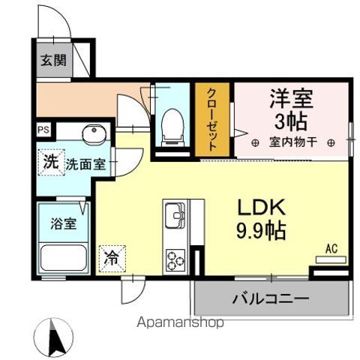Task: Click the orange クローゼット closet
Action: [x=213, y=120]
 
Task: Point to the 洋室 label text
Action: [x=291, y=98]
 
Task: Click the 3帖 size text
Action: [x=291, y=120]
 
